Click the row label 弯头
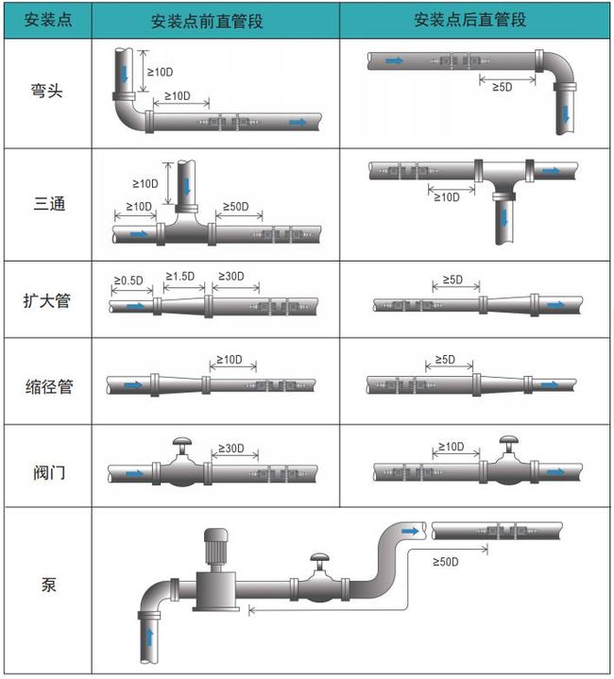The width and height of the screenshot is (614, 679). (x=46, y=93)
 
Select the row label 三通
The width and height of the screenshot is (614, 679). (x=46, y=203)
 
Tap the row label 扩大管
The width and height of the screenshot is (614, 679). (x=46, y=301)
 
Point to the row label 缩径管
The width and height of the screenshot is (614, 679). (x=46, y=386)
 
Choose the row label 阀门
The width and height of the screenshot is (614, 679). (x=46, y=469)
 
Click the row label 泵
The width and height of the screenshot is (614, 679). (x=46, y=585)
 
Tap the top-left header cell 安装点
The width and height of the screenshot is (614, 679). (x=46, y=21)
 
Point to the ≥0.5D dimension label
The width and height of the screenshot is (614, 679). (x=128, y=280)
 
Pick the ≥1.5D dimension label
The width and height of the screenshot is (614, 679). (x=179, y=276)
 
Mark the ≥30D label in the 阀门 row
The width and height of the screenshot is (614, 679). (x=231, y=448)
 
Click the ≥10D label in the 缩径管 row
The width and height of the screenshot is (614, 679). (x=230, y=360)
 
